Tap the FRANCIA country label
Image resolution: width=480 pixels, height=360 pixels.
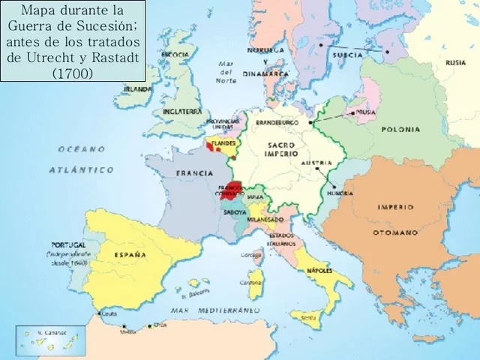pos(194,173)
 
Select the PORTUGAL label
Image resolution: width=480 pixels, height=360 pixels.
pos(68,245)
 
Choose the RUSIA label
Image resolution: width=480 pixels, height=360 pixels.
pos(455,63)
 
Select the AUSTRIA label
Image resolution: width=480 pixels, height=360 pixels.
pos(316,163)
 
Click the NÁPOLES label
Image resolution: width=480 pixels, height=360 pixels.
pos(320,268)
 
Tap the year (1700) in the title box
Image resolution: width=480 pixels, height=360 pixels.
pos(73,73)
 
